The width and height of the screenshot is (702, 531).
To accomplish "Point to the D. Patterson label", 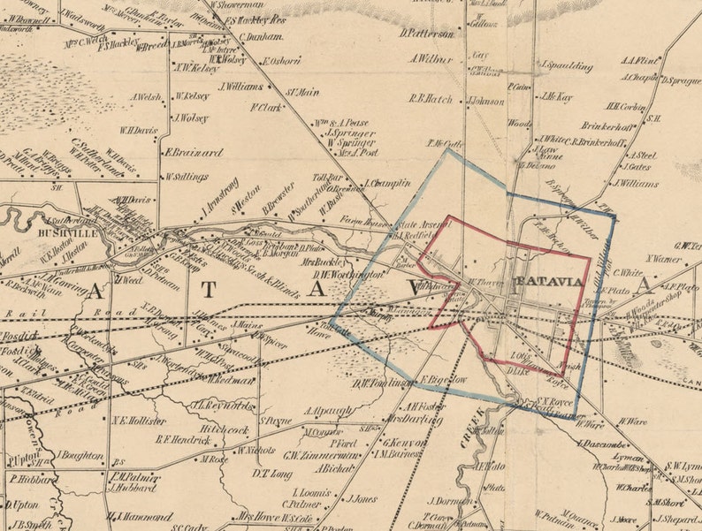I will tap(426, 34).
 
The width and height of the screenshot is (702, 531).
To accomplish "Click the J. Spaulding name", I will tap(566, 66).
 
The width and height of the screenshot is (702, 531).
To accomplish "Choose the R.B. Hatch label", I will tap(431, 99).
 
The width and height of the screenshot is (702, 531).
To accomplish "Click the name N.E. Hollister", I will tap(139, 421).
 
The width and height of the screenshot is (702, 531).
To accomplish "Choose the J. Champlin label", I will tap(387, 183).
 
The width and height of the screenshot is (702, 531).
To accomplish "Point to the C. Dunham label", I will tap(261, 37).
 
